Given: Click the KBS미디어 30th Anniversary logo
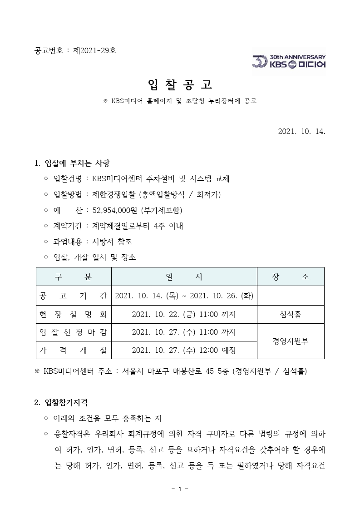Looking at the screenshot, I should pyautogui.click(x=289, y=61).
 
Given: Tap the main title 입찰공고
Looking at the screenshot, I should pyautogui.click(x=180, y=84).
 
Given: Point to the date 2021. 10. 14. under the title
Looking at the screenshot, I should pyautogui.click(x=301, y=131).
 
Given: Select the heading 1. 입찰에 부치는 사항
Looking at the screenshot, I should pyautogui.click(x=72, y=163).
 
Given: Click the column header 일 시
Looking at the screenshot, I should pyautogui.click(x=184, y=277).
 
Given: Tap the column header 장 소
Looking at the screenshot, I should pyautogui.click(x=291, y=277).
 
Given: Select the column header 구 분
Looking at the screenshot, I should pyautogui.click(x=74, y=277).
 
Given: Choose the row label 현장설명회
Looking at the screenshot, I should pyautogui.click(x=74, y=314).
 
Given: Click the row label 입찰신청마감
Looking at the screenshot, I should pyautogui.click(x=74, y=332).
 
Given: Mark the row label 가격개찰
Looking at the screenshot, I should pyautogui.click(x=74, y=350).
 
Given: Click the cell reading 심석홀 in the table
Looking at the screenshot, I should pyautogui.click(x=291, y=314).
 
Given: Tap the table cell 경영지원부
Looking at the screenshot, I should pyautogui.click(x=291, y=341).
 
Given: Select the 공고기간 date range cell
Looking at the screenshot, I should pyautogui.click(x=184, y=296).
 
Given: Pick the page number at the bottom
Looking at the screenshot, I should pyautogui.click(x=180, y=489).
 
